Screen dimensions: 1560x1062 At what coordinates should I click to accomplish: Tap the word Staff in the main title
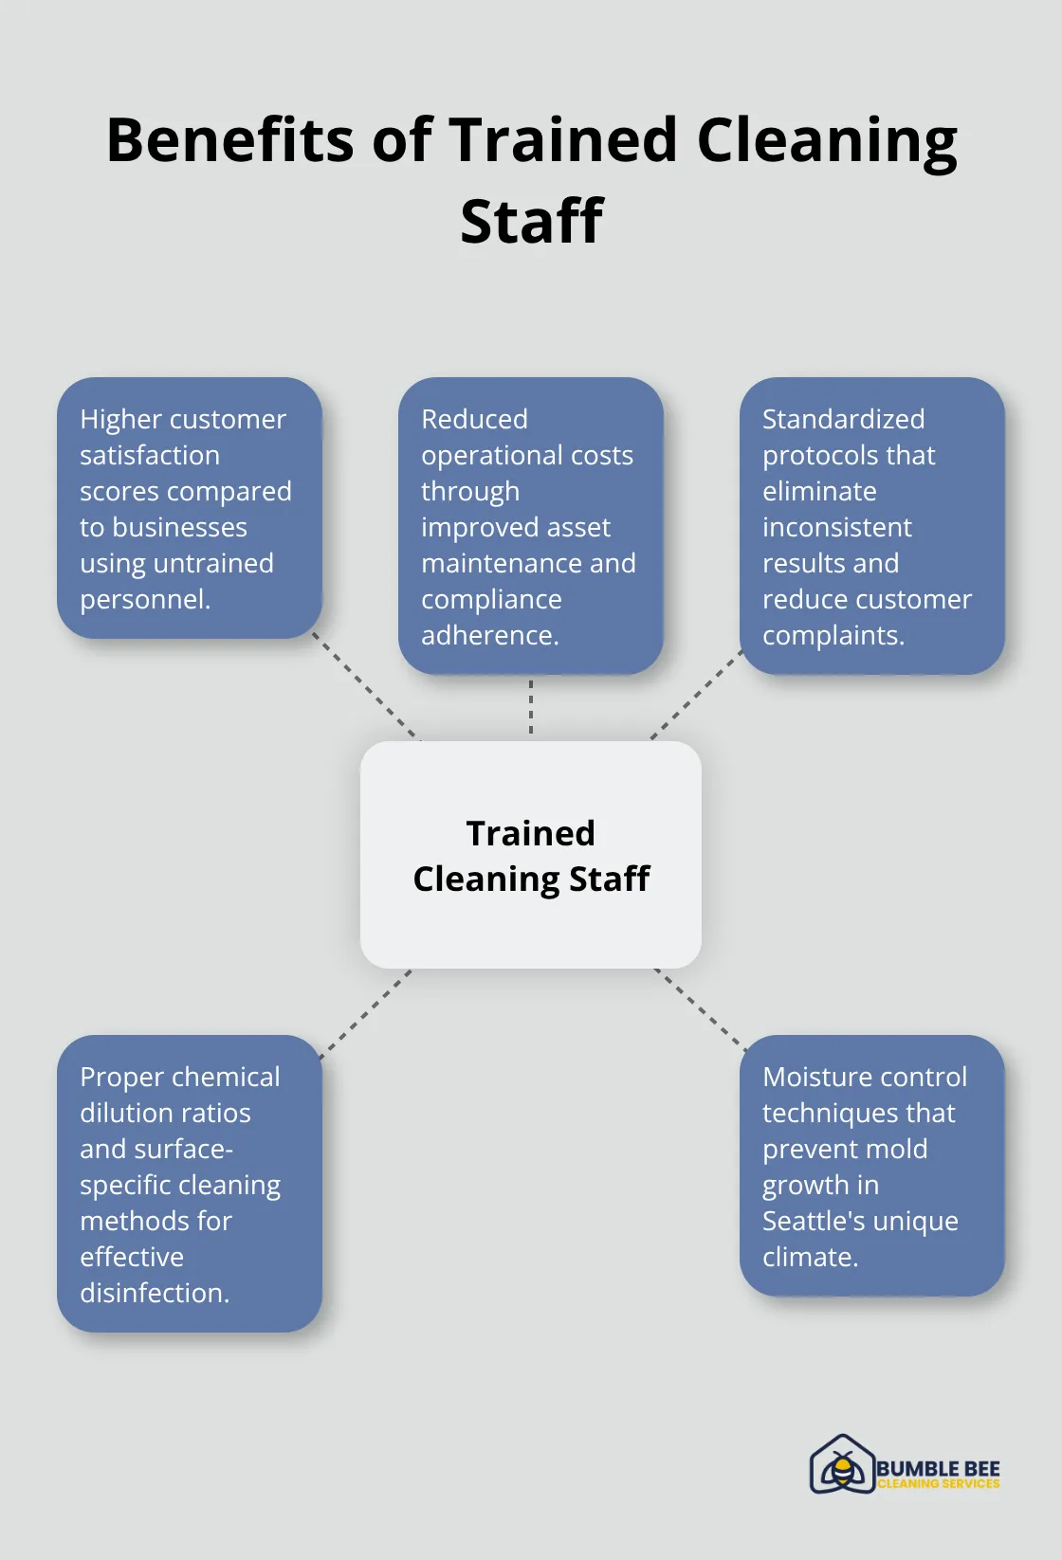pyautogui.click(x=531, y=222)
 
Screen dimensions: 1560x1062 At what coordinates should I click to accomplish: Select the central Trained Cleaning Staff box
pyautogui.click(x=531, y=855)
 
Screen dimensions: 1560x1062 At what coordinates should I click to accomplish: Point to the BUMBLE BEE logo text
pyautogui.click(x=938, y=1468)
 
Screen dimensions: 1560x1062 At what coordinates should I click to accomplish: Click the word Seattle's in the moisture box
pyautogui.click(x=813, y=1221)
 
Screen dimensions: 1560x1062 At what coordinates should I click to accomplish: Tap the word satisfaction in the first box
pyautogui.click(x=150, y=456)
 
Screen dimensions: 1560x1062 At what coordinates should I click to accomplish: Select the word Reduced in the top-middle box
pyautogui.click(x=474, y=419)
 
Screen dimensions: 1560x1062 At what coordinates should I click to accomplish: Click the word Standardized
pyautogui.click(x=843, y=419)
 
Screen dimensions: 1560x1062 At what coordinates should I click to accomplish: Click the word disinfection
pyautogui.click(x=154, y=1294)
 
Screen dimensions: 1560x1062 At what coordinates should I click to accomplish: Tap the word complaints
pyautogui.click(x=833, y=636)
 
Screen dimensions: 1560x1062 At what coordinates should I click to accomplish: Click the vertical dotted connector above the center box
pyautogui.click(x=531, y=707)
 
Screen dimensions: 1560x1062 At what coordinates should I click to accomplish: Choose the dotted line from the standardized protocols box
pyautogui.click(x=696, y=695)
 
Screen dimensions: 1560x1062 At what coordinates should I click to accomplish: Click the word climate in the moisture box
pyautogui.click(x=809, y=1258)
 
